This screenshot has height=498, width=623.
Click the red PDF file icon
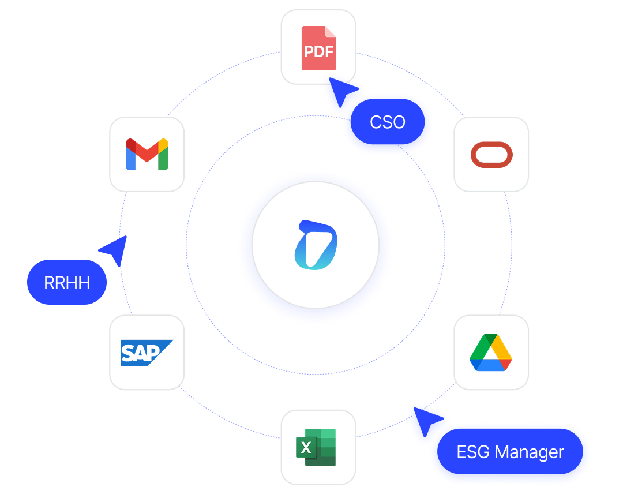click(x=318, y=48)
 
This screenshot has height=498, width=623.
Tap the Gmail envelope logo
click(x=147, y=154)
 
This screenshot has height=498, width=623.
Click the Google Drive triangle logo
click(x=491, y=352)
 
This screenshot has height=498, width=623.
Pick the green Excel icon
click(x=316, y=447)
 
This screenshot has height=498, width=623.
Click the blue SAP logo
click(x=147, y=352)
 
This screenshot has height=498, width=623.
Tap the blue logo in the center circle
click(x=315, y=245)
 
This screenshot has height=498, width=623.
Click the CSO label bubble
click(x=388, y=122)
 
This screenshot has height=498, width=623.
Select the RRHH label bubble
click(x=67, y=283)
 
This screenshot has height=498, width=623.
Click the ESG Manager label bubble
click(x=511, y=452)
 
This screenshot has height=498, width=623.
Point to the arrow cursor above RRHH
click(x=115, y=249)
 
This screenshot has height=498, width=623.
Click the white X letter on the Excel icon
click(x=306, y=447)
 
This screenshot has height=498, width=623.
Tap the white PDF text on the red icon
click(x=318, y=52)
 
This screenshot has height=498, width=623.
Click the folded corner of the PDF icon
click(x=331, y=32)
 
